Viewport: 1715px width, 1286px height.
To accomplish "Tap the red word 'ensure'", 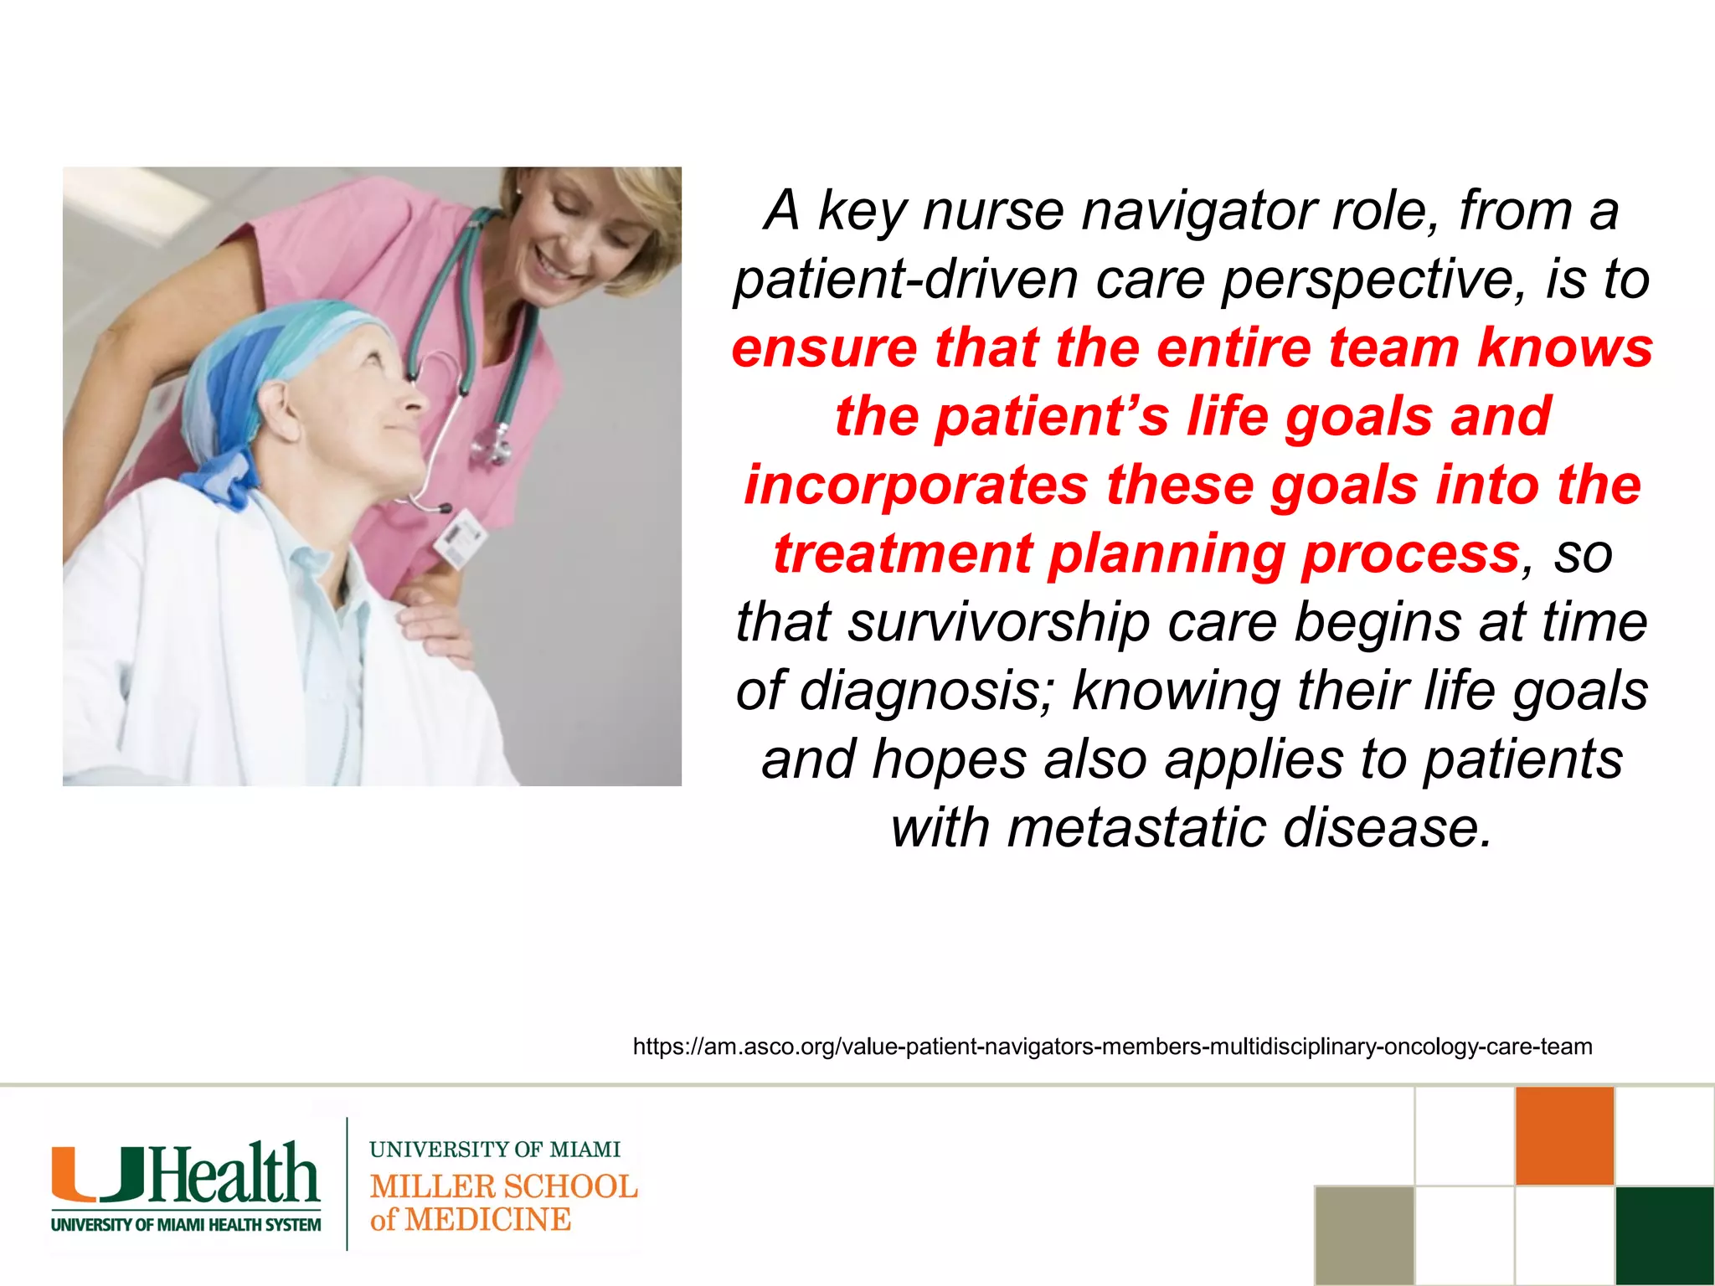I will coord(824,348).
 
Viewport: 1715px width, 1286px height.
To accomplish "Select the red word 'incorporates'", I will coord(916,486).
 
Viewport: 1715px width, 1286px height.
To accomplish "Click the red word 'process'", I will coord(1411,554).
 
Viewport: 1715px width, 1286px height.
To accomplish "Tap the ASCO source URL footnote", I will coord(1112,1047).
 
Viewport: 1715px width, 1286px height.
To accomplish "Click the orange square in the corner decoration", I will coord(1564,1135).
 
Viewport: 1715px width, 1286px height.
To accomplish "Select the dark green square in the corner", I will coord(1665,1236).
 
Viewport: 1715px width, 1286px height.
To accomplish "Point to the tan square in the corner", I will coord(1364,1236).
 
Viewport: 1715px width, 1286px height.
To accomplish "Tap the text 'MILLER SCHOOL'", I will coord(503,1186).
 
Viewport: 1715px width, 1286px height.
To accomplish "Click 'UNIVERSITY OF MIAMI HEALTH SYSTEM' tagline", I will coord(186,1225).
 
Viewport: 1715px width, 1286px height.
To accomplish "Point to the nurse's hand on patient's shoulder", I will coord(435,624).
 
